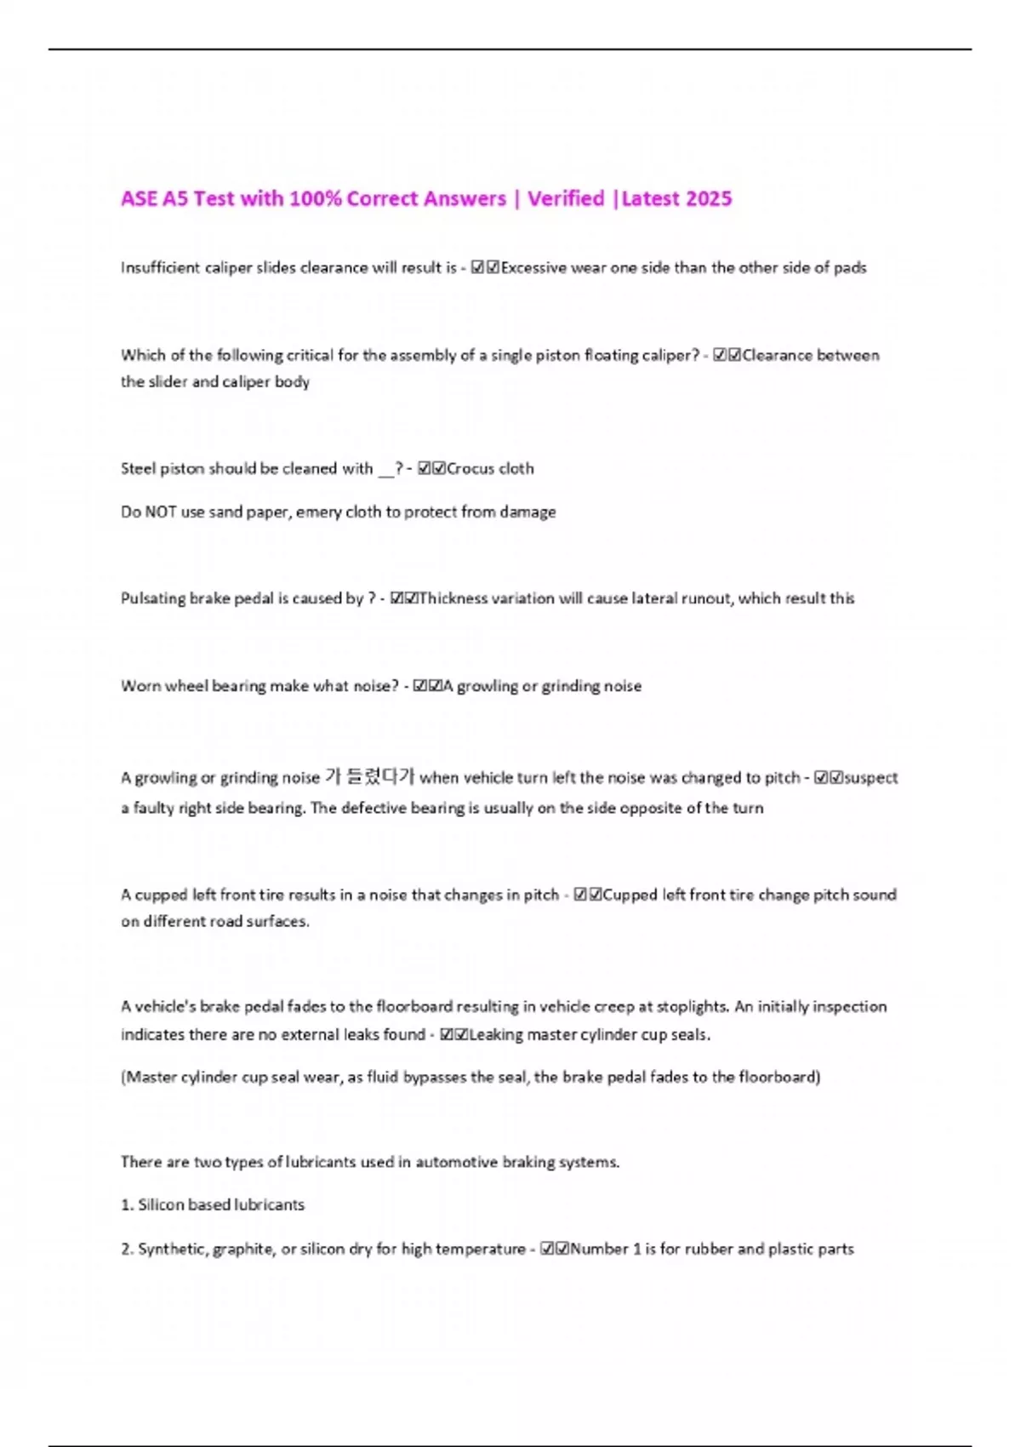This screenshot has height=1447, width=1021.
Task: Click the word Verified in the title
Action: [x=566, y=198]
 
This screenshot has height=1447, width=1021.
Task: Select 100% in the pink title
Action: [x=315, y=198]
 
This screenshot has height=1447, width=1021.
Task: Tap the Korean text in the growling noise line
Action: [x=369, y=777]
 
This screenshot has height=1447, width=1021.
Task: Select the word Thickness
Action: [x=452, y=598]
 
